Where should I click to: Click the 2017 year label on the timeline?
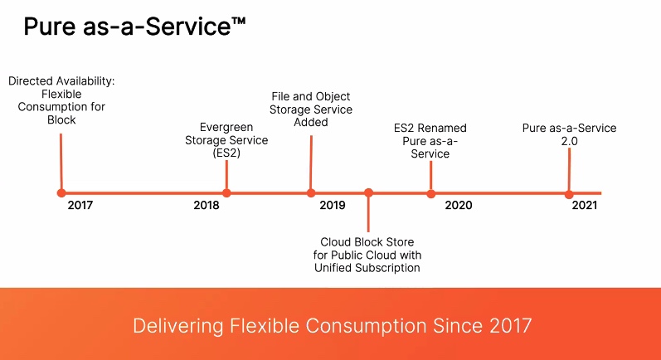[80, 205]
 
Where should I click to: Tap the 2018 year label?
[207, 205]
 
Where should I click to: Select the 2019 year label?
[333, 205]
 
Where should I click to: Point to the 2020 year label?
[459, 205]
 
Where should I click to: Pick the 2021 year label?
[584, 205]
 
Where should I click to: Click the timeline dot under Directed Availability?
[61, 193]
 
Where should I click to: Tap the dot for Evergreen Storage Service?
[226, 193]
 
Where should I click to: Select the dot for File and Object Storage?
[311, 193]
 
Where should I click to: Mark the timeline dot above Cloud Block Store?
[368, 192]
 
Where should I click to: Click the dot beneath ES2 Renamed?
[430, 194]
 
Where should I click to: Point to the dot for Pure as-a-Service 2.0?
[569, 194]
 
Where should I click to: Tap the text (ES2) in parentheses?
[226, 153]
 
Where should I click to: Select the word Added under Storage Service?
[311, 122]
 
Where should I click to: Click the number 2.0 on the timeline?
[569, 141]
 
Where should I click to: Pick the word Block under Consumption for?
[61, 120]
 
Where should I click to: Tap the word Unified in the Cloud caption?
[333, 268]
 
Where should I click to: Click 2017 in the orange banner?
[511, 326]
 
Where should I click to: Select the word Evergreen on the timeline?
[226, 127]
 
